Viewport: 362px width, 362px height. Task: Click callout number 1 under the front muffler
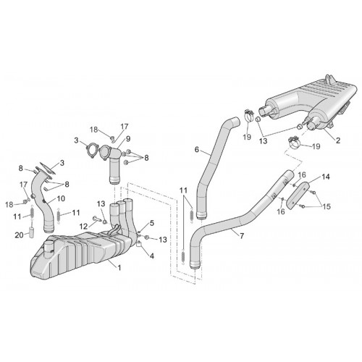click(x=119, y=267)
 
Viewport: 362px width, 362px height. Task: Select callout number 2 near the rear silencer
click(x=338, y=140)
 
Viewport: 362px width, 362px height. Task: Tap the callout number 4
click(x=151, y=256)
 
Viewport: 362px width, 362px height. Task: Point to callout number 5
click(x=151, y=223)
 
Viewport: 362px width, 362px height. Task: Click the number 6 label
click(x=197, y=150)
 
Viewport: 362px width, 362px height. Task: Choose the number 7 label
click(x=242, y=235)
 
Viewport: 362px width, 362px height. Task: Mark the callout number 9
click(x=128, y=139)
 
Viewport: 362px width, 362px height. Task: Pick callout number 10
click(x=61, y=198)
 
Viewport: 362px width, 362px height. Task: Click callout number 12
click(x=83, y=227)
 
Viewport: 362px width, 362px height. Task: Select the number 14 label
click(x=325, y=177)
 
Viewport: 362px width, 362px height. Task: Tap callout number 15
click(x=327, y=206)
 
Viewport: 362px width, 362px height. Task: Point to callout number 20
click(x=20, y=235)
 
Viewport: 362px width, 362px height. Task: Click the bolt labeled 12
click(x=96, y=219)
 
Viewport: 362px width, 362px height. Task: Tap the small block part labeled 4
click(x=139, y=244)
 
